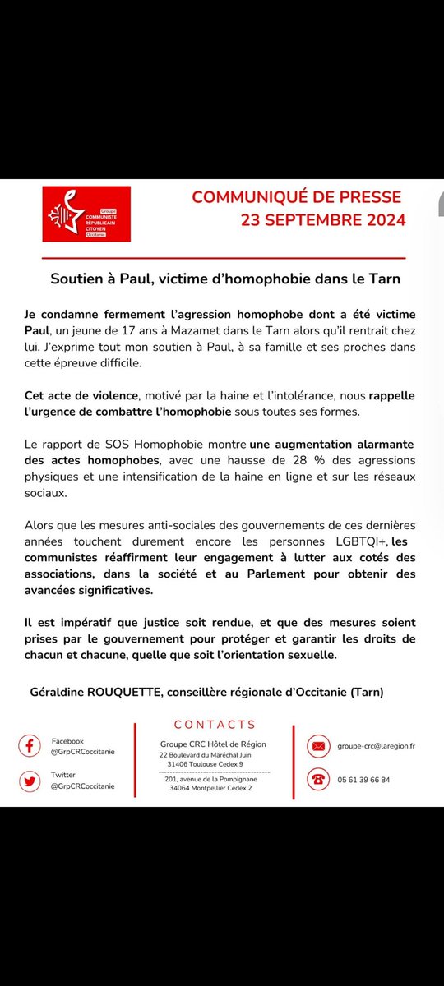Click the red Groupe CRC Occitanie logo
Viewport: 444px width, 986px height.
(x=86, y=214)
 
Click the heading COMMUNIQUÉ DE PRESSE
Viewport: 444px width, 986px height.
(x=297, y=198)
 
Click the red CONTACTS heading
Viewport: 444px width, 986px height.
(x=215, y=724)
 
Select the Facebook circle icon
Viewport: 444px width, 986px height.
(x=30, y=746)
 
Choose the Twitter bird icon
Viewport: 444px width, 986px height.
(x=30, y=780)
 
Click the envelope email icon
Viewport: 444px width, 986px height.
(x=317, y=746)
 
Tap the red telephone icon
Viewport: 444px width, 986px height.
(x=317, y=780)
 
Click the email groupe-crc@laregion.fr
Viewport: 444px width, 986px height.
(x=375, y=746)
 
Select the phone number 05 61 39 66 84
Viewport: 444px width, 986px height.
(x=363, y=780)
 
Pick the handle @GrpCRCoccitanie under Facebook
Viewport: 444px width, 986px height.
(x=82, y=753)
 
